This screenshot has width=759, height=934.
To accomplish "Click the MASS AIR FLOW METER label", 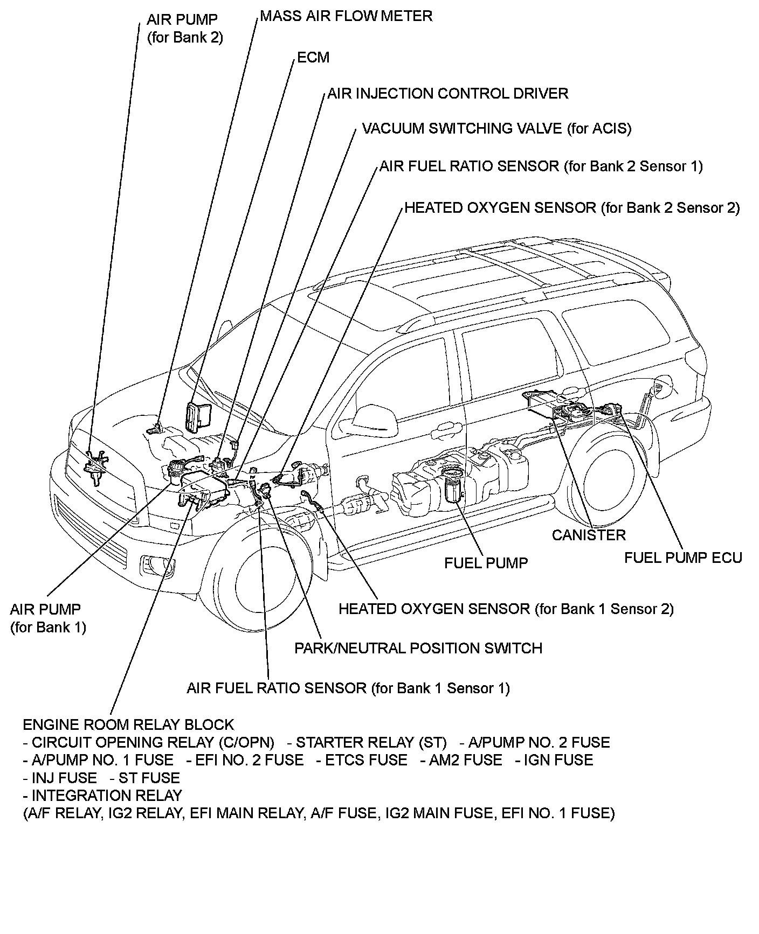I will click(x=346, y=16).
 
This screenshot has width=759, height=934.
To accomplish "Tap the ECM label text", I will click(x=313, y=58).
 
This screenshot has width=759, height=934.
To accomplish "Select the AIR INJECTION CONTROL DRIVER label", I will click(x=447, y=94).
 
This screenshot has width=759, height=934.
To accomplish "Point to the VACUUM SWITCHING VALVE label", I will click(x=496, y=129).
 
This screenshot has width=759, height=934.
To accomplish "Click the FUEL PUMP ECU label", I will click(x=683, y=558).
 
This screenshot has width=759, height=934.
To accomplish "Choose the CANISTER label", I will click(x=589, y=535).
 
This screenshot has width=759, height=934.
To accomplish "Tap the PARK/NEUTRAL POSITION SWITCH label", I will click(x=418, y=648).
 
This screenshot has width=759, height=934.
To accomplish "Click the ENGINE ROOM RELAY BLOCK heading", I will click(x=128, y=724).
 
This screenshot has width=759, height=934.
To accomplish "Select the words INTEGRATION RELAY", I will click(x=107, y=796).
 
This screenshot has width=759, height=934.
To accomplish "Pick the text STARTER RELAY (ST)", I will click(x=371, y=743).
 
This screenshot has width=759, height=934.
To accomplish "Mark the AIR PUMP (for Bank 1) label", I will click(x=47, y=618).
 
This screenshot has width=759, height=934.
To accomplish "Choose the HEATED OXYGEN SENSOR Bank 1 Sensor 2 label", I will click(x=506, y=609).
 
